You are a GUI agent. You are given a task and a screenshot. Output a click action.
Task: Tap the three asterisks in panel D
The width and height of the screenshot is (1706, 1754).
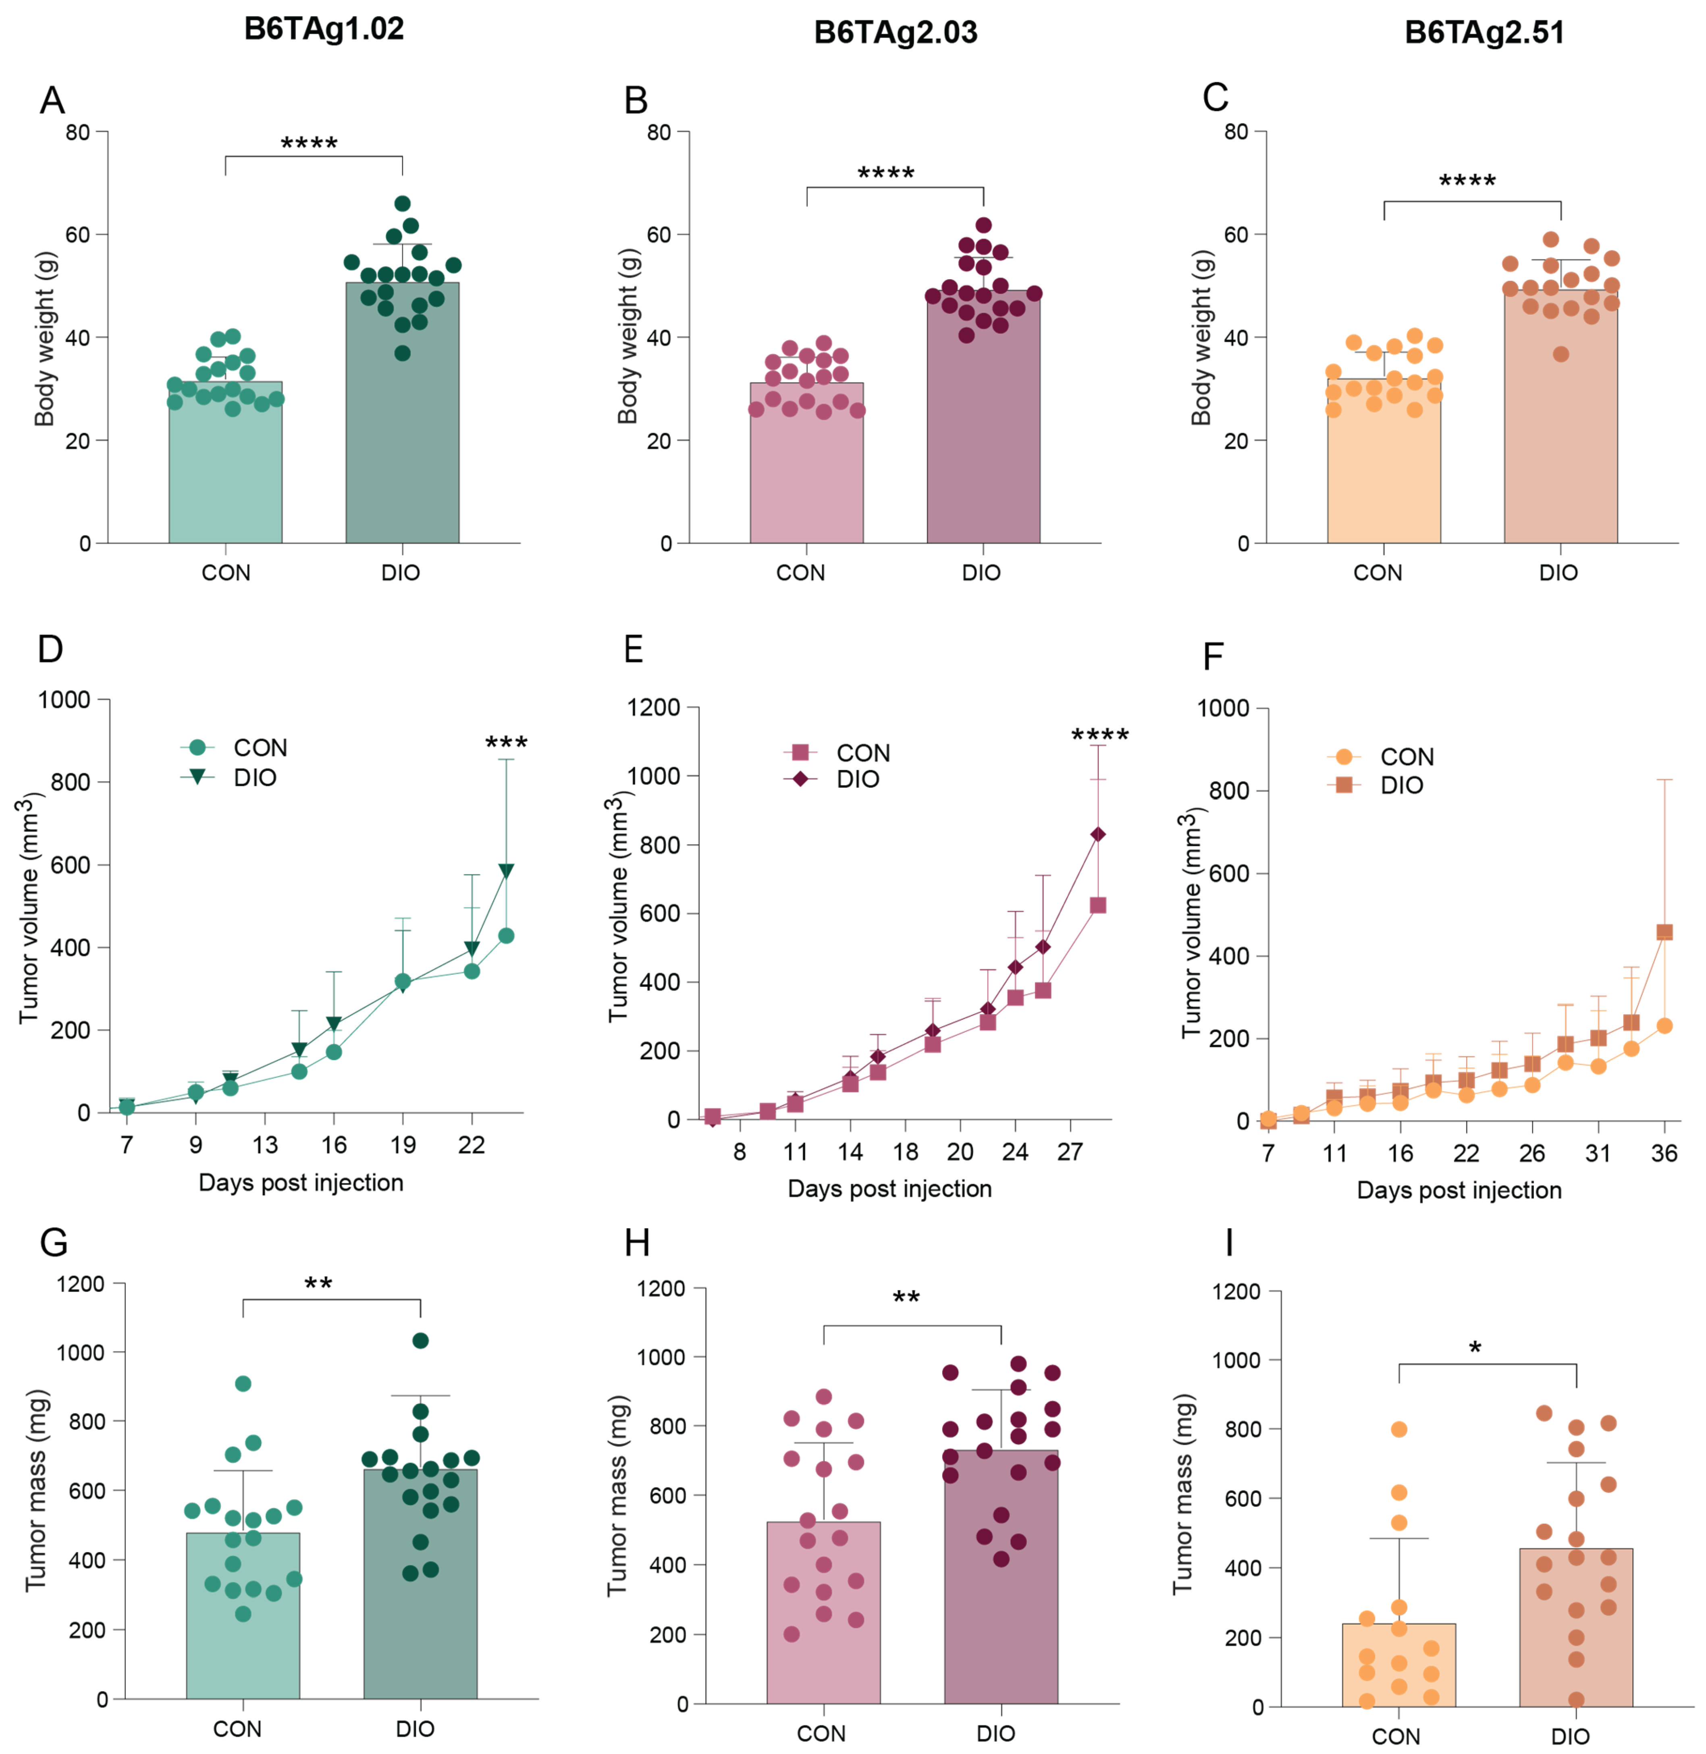pos(506,743)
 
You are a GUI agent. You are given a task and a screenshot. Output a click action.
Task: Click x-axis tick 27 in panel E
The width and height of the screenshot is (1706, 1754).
pos(1070,1152)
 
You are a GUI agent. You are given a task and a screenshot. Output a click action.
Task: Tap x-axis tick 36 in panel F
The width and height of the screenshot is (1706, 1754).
pos(1664,1154)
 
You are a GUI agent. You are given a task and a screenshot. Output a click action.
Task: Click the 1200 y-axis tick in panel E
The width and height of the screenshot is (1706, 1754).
pos(654,708)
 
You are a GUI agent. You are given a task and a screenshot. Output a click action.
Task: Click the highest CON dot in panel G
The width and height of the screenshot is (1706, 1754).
pos(243,1384)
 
